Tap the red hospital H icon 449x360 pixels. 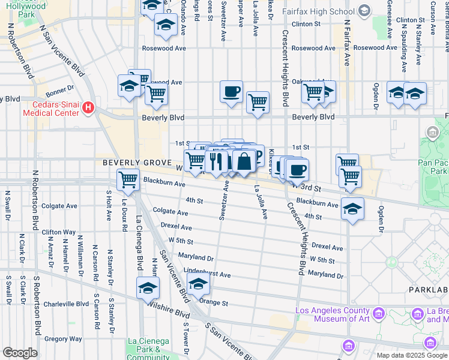[x=89, y=108]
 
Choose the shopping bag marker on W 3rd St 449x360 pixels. [x=244, y=161]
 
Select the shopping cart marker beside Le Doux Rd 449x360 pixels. [x=128, y=179]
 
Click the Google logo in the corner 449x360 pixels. [x=20, y=353]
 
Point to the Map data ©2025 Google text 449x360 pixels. [x=411, y=355]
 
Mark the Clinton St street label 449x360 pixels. [x=307, y=24]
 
